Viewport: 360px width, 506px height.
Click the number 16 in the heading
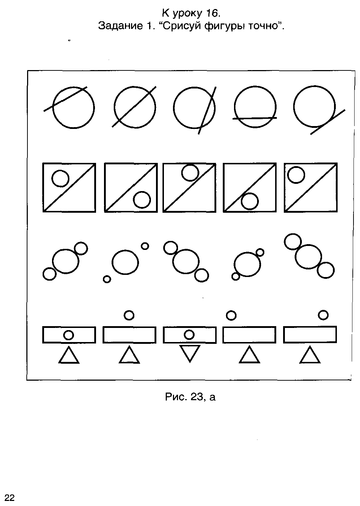212,13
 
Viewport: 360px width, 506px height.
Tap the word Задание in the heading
120,26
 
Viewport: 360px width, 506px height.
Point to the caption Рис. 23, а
190,397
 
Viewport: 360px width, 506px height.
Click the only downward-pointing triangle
190,354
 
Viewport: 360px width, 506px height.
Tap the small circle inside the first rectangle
69,335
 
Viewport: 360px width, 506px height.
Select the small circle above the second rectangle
129,315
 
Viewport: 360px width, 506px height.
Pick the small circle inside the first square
60,178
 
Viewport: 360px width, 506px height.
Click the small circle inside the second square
142,200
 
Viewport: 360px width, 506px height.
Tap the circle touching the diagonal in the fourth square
250,201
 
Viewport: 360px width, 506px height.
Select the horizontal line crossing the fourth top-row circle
255,118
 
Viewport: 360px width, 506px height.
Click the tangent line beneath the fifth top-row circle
328,122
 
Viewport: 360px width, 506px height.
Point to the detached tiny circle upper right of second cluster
145,246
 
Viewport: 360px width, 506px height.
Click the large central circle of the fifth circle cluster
308,257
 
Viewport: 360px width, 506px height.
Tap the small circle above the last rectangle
323,315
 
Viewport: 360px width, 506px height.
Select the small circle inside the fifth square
296,175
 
